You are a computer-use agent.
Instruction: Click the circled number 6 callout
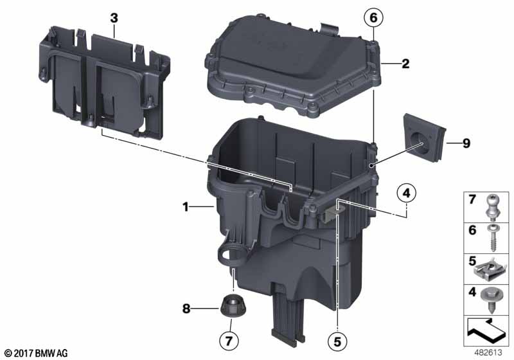coord(373,18)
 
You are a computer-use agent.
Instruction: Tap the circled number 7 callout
coord(229,340)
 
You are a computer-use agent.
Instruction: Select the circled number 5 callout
coord(337,341)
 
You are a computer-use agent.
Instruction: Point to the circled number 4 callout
coord(406,193)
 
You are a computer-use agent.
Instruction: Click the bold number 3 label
coord(114,19)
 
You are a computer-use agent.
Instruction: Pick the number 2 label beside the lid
coord(405,64)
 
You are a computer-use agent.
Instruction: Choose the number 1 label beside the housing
coord(186,207)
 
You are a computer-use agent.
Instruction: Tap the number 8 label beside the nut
coord(186,309)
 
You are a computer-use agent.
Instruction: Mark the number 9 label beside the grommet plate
coord(466,143)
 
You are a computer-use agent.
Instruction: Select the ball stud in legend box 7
coord(492,207)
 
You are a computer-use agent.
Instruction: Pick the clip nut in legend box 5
coord(488,271)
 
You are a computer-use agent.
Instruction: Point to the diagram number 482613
coord(488,353)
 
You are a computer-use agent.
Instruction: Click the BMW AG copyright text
coord(37,353)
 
